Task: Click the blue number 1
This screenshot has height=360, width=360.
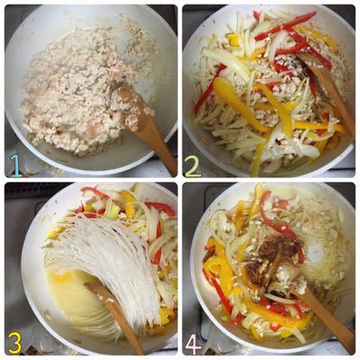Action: [15, 165]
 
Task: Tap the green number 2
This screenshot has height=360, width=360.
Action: [193, 165]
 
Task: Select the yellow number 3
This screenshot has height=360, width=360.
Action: [15, 342]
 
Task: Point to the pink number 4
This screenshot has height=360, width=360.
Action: [193, 342]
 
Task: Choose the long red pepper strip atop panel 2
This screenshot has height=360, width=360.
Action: [285, 25]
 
